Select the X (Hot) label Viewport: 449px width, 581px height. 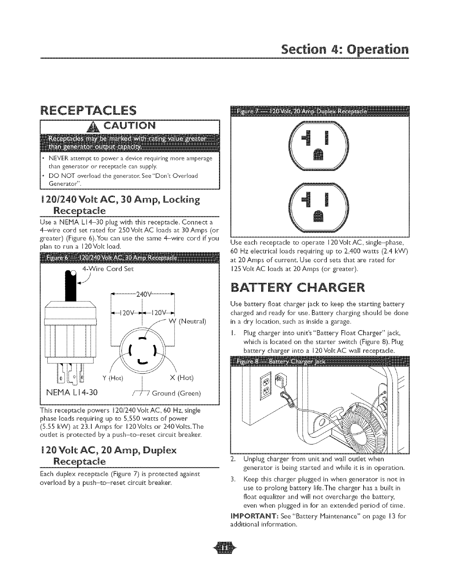coord(182,378)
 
